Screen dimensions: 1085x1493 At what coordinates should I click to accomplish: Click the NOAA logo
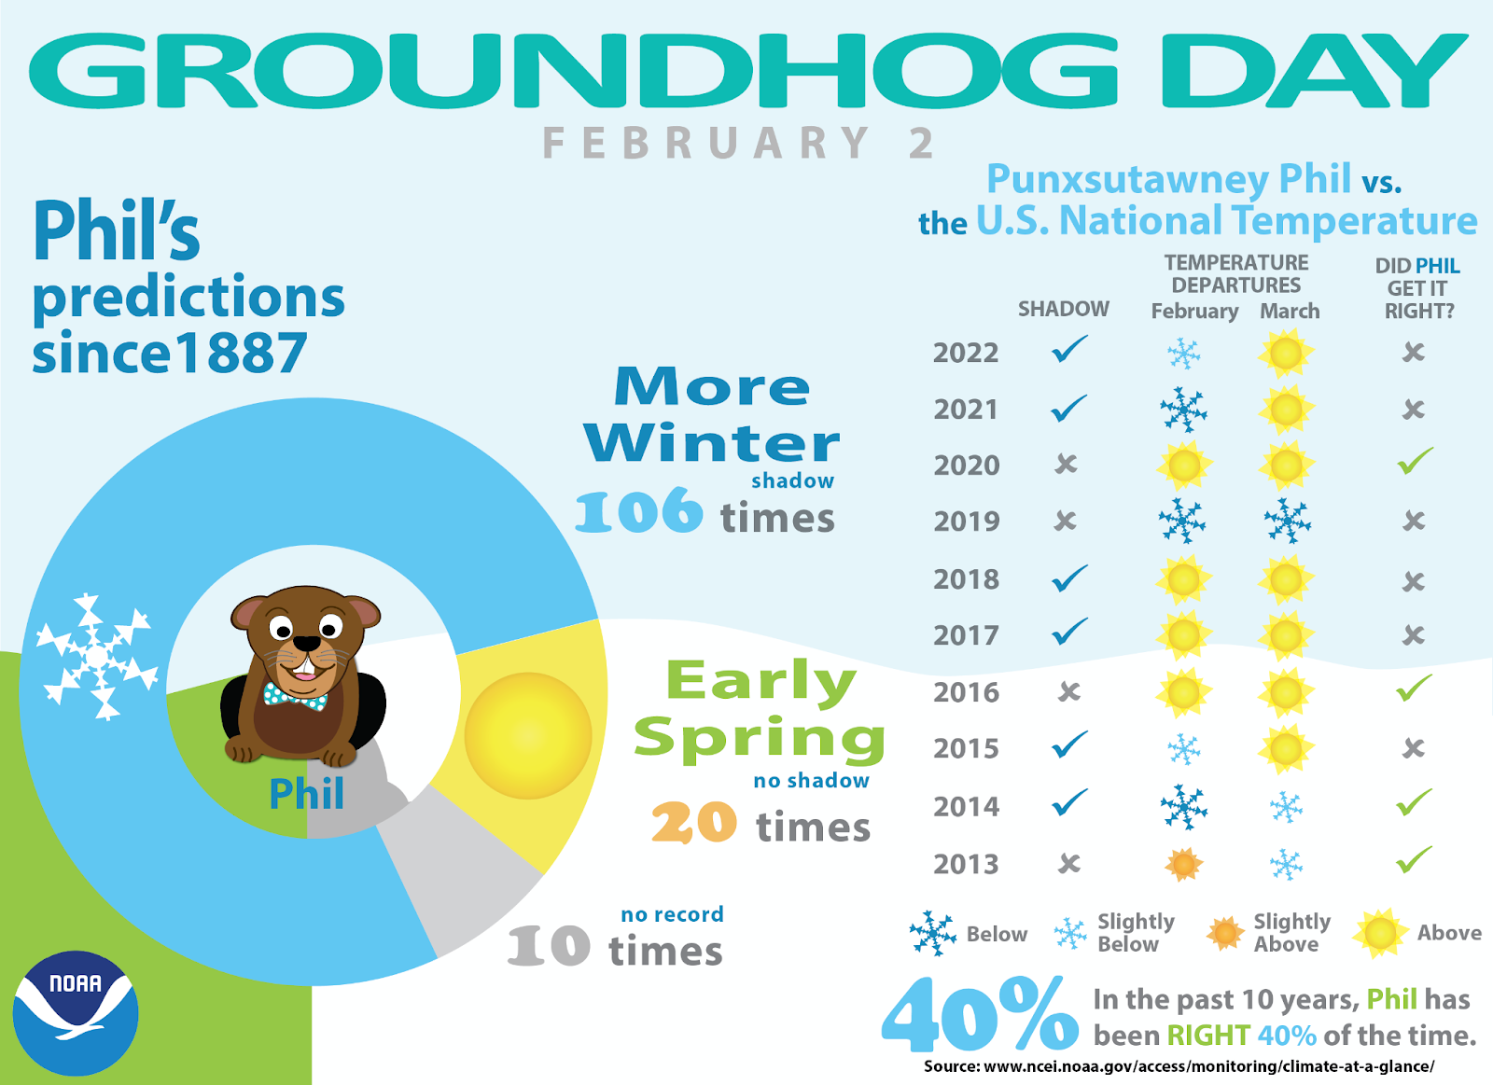click(76, 1013)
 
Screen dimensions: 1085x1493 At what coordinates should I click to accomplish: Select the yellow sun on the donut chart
click(528, 736)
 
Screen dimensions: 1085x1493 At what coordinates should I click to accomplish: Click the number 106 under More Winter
click(638, 511)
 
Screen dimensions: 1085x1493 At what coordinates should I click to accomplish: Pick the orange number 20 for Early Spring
click(694, 823)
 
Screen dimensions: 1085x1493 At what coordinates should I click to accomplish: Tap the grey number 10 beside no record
click(549, 946)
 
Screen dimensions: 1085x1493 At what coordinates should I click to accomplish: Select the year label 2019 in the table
click(967, 522)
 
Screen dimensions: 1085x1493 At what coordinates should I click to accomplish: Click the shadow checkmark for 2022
click(1069, 350)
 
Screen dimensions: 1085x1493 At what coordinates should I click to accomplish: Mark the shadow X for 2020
click(1066, 464)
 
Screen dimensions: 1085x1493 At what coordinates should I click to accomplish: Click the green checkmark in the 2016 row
click(1415, 689)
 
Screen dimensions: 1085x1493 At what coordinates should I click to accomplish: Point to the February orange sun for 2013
click(1184, 865)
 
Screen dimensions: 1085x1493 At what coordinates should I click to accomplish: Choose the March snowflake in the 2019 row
click(1287, 521)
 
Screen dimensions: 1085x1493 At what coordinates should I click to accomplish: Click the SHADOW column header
click(1064, 310)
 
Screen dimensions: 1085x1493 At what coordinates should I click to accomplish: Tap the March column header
click(1290, 312)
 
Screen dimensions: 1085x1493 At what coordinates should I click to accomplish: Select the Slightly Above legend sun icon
click(1225, 932)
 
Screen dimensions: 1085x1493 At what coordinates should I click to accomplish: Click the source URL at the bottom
click(1179, 1066)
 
